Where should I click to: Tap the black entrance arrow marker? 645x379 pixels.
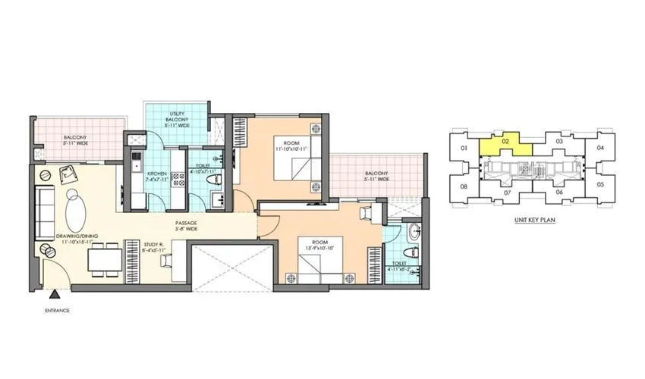coord(58,293)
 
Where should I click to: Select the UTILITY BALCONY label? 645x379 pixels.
coord(178,120)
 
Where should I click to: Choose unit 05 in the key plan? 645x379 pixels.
coord(599,184)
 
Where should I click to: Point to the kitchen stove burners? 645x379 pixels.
coord(180,180)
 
